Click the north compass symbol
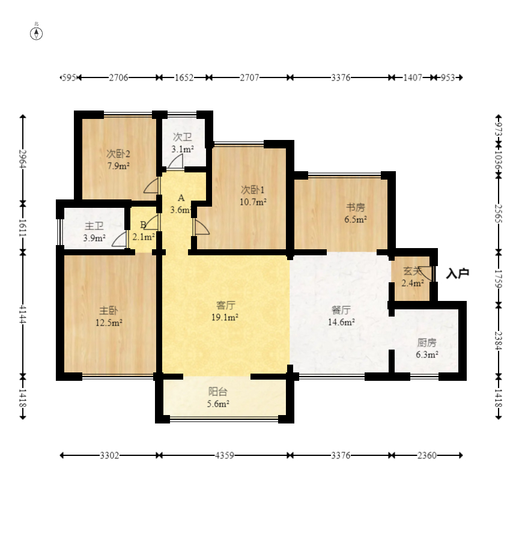[37, 33]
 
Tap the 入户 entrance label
[457, 274]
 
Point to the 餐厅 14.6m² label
[341, 316]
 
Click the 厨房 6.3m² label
[426, 348]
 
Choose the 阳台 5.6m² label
[218, 398]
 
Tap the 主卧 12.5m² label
[109, 317]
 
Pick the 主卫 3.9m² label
[94, 232]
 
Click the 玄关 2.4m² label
[412, 277]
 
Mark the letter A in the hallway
[181, 198]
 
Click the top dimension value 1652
[184, 77]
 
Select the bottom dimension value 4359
[225, 455]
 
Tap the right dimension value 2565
[498, 213]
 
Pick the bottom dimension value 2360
[426, 455]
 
